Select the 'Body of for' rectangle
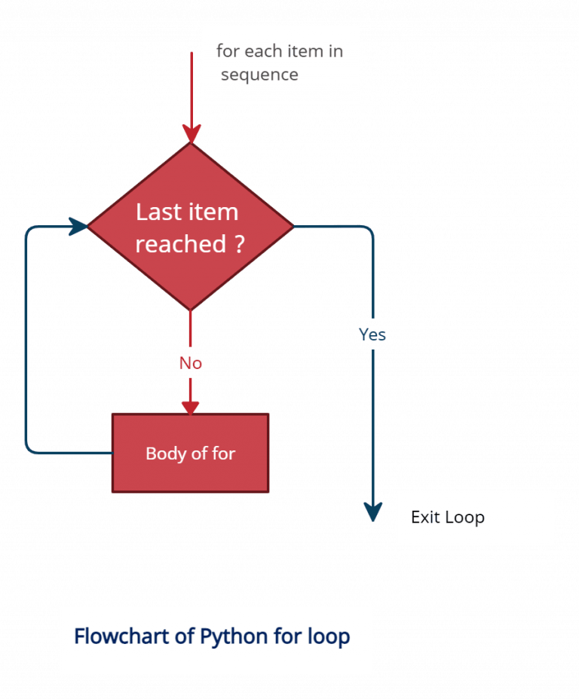[x=190, y=453]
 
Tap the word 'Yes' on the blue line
[x=372, y=334]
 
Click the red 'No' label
[x=191, y=363]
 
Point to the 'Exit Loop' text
[x=447, y=517]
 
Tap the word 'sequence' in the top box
[x=259, y=75]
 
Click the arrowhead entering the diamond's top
[x=191, y=134]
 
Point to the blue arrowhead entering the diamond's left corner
[x=78, y=225]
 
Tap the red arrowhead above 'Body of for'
[x=191, y=404]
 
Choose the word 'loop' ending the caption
[x=329, y=636]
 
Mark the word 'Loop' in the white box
[x=464, y=517]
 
